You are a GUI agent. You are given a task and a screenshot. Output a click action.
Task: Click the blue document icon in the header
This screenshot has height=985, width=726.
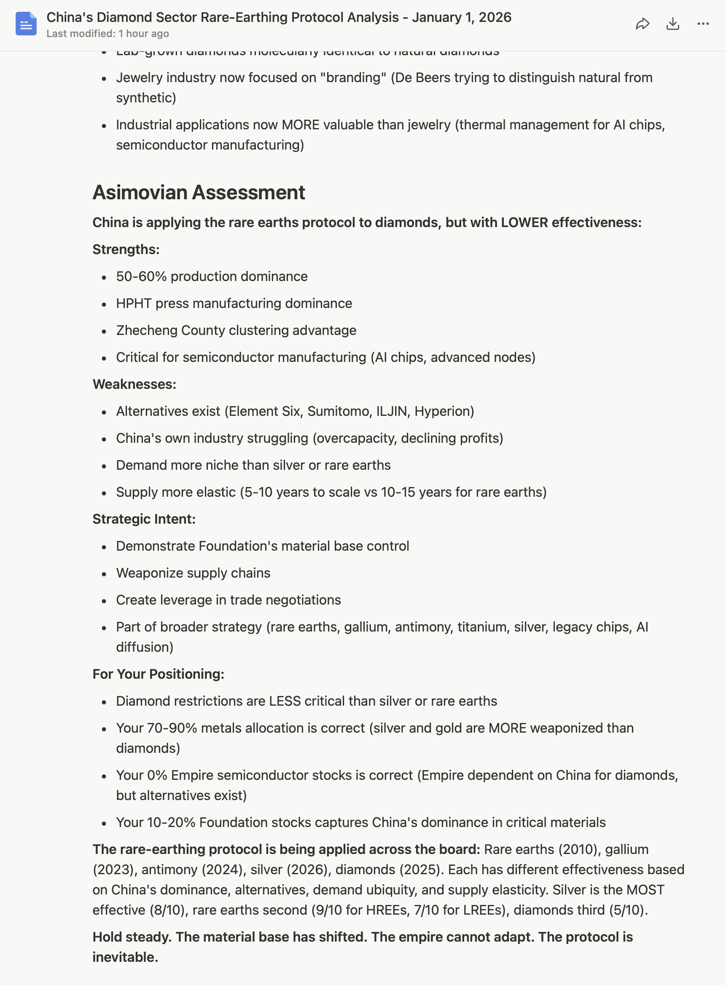(26, 24)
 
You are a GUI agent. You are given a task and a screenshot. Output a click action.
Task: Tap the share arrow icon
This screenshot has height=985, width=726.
(642, 24)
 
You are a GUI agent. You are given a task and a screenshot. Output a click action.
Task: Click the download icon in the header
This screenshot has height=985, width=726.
(672, 24)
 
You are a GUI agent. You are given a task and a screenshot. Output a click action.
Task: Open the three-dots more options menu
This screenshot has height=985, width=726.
(703, 24)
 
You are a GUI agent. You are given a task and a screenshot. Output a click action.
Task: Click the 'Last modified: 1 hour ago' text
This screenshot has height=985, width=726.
(108, 34)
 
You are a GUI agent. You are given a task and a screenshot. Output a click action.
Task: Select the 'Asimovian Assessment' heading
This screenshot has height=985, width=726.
(199, 193)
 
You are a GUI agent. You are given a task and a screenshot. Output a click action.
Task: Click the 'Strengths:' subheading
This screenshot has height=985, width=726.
(126, 249)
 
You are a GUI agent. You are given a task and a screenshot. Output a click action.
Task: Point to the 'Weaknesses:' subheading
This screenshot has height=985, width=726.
(134, 384)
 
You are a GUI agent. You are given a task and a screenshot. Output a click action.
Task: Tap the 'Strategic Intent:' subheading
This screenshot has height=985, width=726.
(144, 519)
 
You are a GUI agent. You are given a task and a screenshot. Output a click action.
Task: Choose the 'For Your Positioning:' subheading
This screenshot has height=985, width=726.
(158, 674)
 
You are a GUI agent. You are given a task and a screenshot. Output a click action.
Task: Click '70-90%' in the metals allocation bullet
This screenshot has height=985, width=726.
(172, 728)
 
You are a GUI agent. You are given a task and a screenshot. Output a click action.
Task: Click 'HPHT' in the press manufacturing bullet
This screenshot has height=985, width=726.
(134, 303)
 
